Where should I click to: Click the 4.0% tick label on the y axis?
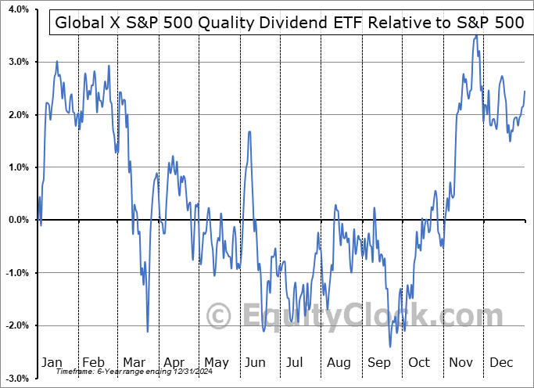(x=18, y=9)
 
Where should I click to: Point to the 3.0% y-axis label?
(x=18, y=62)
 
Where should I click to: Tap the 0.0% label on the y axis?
(x=18, y=220)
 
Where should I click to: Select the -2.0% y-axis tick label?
(x=16, y=325)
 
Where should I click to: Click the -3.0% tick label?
(x=16, y=378)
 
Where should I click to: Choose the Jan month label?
(x=52, y=362)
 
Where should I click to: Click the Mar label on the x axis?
(x=134, y=362)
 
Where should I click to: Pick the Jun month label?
(x=256, y=362)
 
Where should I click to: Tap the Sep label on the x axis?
(x=379, y=362)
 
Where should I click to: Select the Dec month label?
(x=502, y=362)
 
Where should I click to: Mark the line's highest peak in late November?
(x=476, y=35)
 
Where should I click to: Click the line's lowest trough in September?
(x=389, y=347)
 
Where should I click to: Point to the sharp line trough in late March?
(x=147, y=332)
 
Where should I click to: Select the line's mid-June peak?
(x=249, y=131)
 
